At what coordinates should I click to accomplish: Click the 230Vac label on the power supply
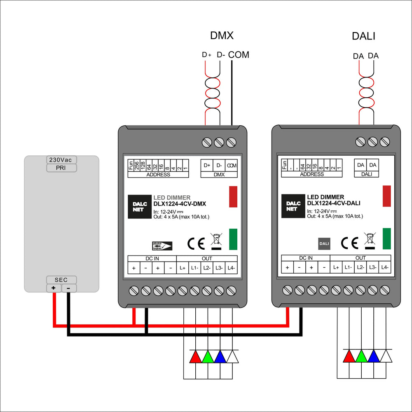click(x=61, y=160)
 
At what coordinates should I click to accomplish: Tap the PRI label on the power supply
click(x=61, y=168)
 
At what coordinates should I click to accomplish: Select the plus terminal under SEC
click(x=54, y=288)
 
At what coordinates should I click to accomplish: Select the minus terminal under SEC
click(x=68, y=288)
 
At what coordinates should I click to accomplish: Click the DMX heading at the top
click(x=222, y=36)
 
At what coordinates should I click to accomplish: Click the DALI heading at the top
click(x=363, y=36)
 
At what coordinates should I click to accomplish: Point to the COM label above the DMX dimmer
click(x=239, y=55)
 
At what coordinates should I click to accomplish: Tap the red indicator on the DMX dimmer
click(x=233, y=196)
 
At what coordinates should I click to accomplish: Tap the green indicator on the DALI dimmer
click(x=386, y=239)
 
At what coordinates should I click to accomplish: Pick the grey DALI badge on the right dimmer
click(x=324, y=243)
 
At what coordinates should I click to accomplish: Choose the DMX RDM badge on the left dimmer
click(x=162, y=246)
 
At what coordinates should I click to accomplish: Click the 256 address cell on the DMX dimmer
click(x=137, y=165)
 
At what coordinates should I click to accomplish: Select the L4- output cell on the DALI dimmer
click(x=385, y=267)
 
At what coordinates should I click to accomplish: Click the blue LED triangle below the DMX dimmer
click(x=220, y=357)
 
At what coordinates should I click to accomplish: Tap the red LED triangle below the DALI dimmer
click(x=349, y=356)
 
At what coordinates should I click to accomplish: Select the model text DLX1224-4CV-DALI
click(x=334, y=203)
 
